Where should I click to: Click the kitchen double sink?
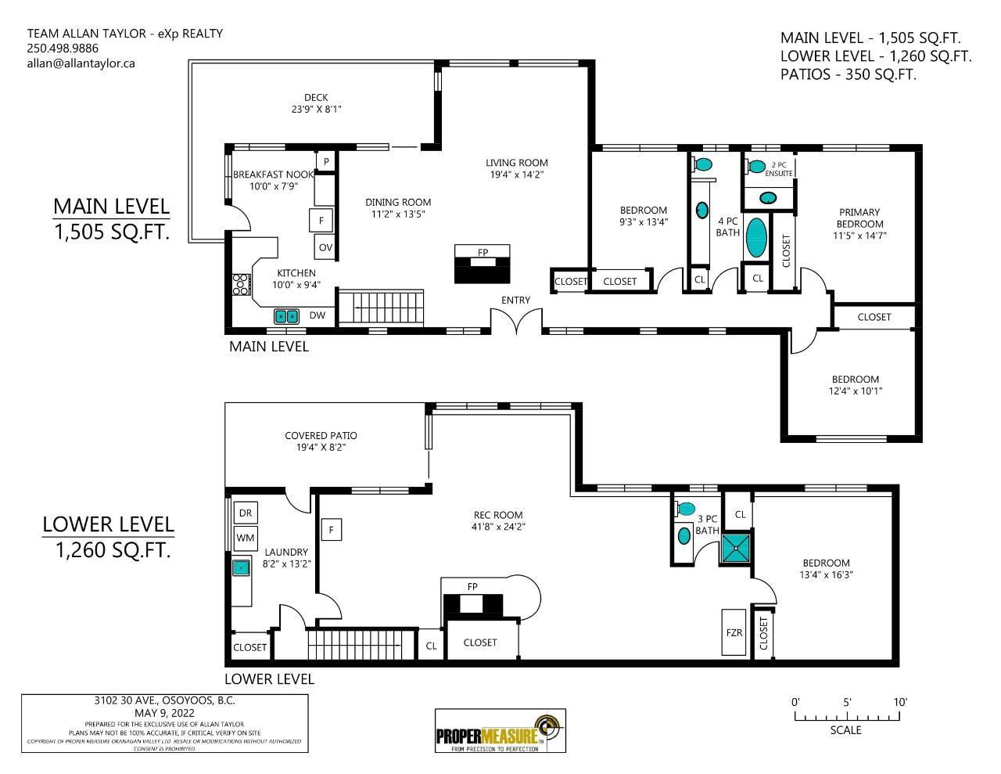(286, 316)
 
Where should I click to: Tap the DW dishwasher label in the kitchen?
(317, 315)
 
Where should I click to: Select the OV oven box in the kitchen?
(325, 247)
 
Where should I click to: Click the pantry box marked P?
(325, 161)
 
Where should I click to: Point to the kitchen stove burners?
(242, 284)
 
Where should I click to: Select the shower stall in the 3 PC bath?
(736, 548)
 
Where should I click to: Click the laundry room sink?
(240, 567)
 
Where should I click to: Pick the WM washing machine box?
(246, 538)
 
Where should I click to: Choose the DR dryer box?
(246, 513)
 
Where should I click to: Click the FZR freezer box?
(734, 632)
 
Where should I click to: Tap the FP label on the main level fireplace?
(483, 252)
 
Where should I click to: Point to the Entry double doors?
(516, 321)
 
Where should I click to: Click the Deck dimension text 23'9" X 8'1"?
(317, 110)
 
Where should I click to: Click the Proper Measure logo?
(500, 731)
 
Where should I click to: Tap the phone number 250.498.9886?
(63, 49)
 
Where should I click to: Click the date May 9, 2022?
(164, 713)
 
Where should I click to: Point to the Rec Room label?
(498, 515)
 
